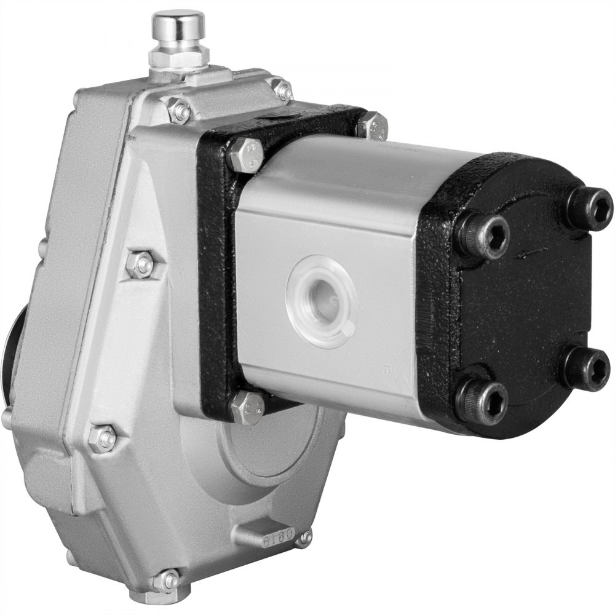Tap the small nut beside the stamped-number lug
(x=304, y=539)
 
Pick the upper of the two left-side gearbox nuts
(x=141, y=264)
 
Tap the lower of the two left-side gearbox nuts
(x=103, y=438)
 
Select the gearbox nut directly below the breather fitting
(x=179, y=111)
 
